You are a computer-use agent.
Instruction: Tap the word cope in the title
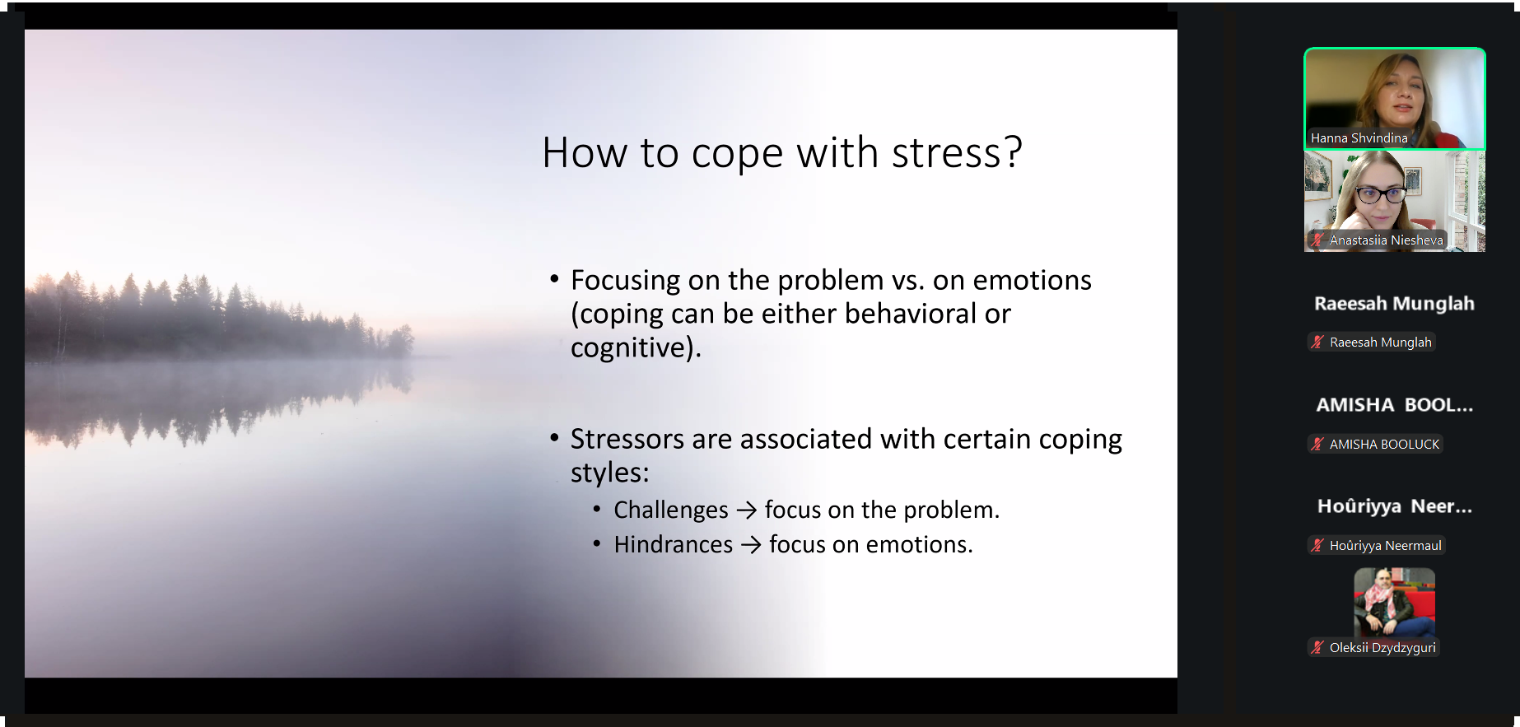(x=738, y=155)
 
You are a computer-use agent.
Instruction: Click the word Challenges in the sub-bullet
(x=671, y=510)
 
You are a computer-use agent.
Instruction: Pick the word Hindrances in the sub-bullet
(x=674, y=544)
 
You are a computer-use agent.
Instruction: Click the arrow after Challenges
(x=747, y=511)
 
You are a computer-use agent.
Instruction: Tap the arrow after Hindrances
(x=751, y=545)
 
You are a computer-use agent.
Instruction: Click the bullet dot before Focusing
(x=554, y=280)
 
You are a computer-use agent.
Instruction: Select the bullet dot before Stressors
(x=554, y=439)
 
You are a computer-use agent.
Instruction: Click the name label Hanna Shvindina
(x=1359, y=138)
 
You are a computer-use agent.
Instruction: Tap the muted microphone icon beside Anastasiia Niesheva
(x=1317, y=240)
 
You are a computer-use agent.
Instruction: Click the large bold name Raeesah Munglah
(x=1394, y=304)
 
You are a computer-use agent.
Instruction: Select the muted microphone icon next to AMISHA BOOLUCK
(x=1317, y=444)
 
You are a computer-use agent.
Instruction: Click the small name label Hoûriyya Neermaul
(x=1386, y=546)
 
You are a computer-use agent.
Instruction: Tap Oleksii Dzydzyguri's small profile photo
(x=1394, y=602)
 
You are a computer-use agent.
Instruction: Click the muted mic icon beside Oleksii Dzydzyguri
(x=1317, y=648)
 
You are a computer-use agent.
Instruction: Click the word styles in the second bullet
(x=610, y=473)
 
